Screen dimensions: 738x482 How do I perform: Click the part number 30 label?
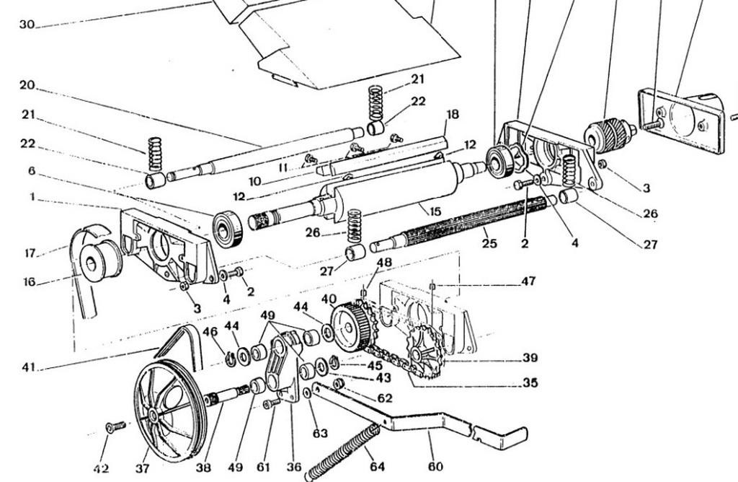pos(27,24)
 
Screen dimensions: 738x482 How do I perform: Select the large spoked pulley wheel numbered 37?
pos(169,409)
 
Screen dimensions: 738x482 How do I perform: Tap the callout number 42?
pos(101,468)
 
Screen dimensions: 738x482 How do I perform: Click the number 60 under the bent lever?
pos(436,466)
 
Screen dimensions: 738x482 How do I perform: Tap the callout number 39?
pos(530,358)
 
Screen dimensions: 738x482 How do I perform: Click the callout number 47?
pos(528,281)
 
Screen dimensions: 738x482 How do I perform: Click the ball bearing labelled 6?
pos(228,229)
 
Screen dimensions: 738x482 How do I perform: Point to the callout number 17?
pos(30,253)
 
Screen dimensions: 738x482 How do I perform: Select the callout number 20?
pos(27,85)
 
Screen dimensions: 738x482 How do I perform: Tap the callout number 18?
pos(453,114)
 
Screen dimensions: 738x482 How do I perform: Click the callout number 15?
pos(435,211)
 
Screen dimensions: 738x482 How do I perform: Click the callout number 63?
pos(320,433)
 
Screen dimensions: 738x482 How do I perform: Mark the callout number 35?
pos(530,382)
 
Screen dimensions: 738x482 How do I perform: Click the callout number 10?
pos(254,181)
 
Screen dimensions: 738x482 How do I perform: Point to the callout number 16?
pos(29,281)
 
